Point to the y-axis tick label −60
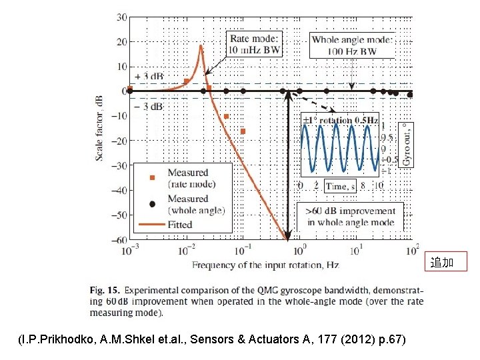118,240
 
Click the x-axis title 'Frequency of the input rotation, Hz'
265,265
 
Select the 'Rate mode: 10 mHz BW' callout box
255,44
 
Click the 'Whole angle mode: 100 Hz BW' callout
353,45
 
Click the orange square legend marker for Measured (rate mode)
152,177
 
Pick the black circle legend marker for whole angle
152,203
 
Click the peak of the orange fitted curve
200,45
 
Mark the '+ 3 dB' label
147,77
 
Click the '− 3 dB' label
147,106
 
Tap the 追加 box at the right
441,263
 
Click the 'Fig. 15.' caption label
105,291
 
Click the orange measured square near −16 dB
243,131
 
